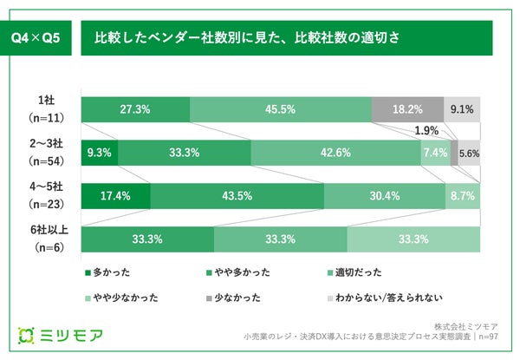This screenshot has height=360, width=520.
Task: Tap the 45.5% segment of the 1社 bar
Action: click(280, 109)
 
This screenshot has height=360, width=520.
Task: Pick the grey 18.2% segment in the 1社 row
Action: click(407, 109)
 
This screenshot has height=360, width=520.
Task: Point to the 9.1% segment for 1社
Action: click(462, 109)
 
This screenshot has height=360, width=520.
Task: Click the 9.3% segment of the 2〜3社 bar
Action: click(99, 153)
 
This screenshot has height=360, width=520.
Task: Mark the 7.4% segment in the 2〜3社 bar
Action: click(435, 153)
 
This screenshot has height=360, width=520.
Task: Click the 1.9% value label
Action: click(426, 131)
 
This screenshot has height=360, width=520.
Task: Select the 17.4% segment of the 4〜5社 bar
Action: click(115, 196)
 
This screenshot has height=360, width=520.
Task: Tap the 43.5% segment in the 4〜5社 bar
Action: click(237, 196)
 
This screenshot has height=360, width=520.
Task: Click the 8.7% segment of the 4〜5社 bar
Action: click(463, 196)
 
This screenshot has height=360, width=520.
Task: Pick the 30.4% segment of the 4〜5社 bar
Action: click(384, 196)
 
